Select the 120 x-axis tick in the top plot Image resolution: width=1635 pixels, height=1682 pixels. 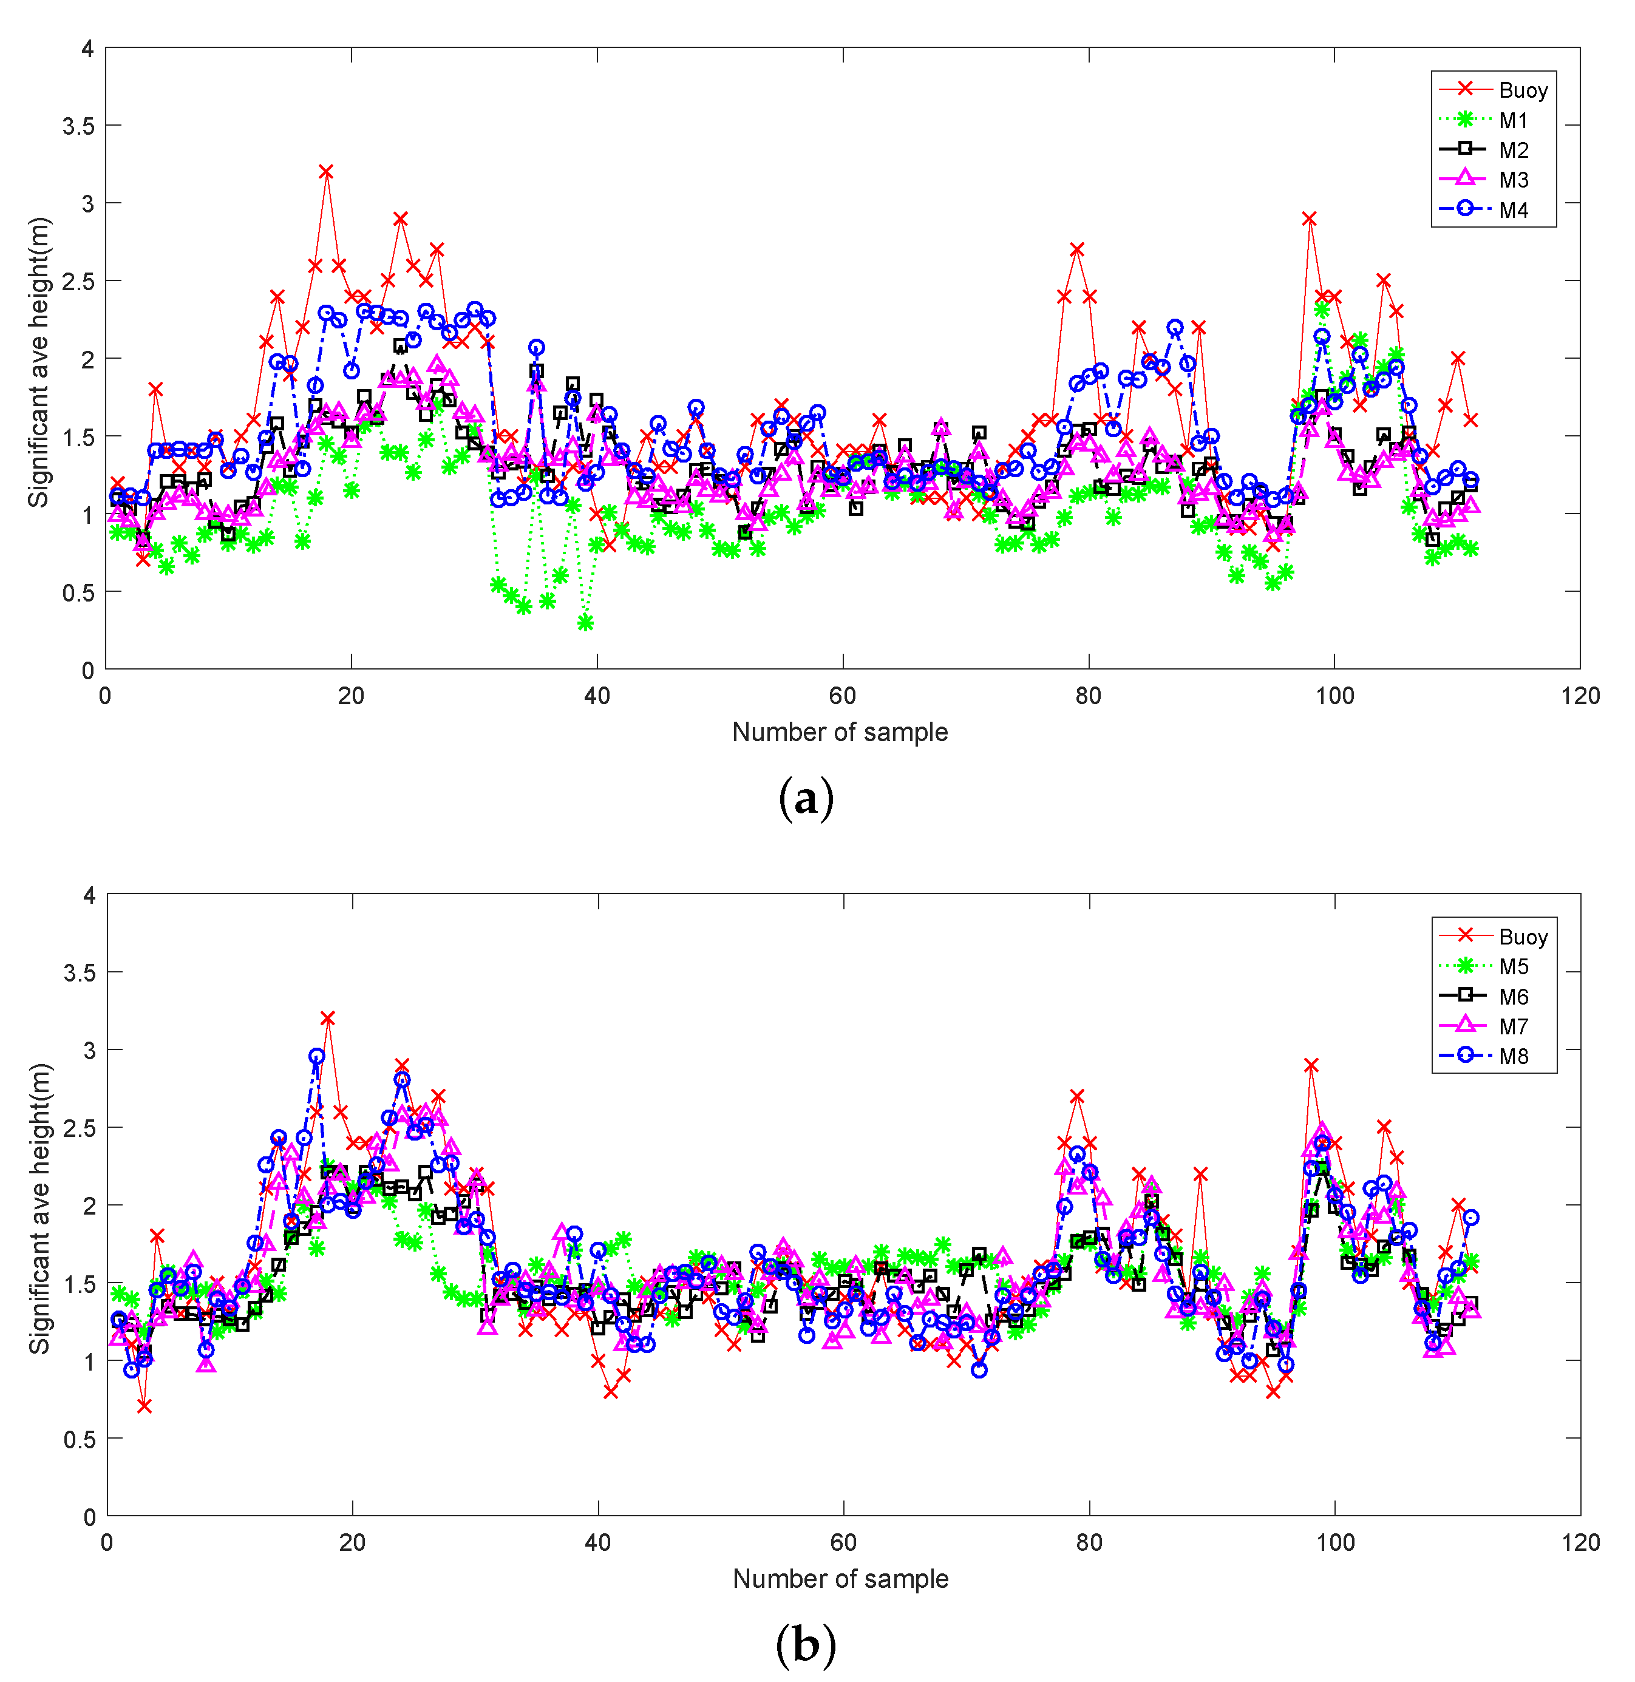[1580, 696]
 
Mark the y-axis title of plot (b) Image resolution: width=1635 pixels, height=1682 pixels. [39, 1209]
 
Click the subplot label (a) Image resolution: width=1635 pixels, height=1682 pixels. [806, 798]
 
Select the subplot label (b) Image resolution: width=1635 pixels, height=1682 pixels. [806, 1645]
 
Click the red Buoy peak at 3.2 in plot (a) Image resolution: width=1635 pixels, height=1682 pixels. [326, 172]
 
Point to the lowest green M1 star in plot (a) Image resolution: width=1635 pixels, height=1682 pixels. [586, 623]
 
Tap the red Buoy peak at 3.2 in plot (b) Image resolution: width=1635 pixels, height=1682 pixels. [327, 1019]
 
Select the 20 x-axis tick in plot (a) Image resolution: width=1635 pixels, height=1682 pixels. [351, 696]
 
